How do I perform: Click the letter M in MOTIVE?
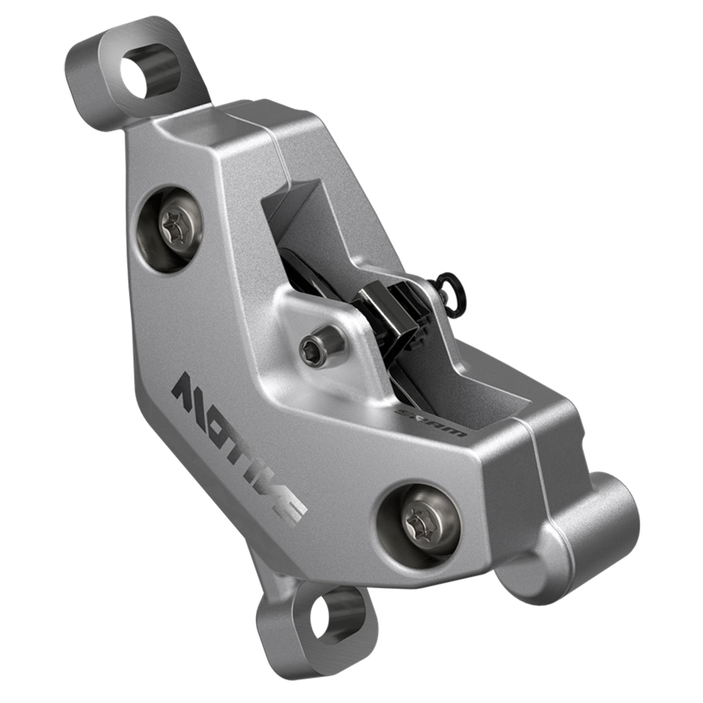[x=191, y=391]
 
